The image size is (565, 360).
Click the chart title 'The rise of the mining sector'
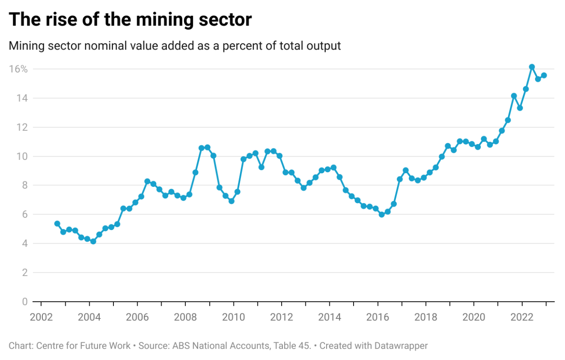(130, 20)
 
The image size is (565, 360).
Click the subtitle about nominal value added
(175, 46)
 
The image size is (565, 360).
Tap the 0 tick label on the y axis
(25, 302)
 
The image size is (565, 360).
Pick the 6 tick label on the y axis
(25, 215)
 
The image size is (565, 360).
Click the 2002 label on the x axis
(41, 317)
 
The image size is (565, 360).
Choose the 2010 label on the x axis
(233, 317)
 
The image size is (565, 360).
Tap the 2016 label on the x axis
(378, 317)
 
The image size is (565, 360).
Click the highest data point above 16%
(532, 67)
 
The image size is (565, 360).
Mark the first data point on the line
(57, 224)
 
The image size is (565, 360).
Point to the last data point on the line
(544, 76)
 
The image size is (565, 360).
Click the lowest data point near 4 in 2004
(93, 242)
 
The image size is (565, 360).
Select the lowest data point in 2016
(381, 215)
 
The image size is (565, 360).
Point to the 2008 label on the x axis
(185, 317)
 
